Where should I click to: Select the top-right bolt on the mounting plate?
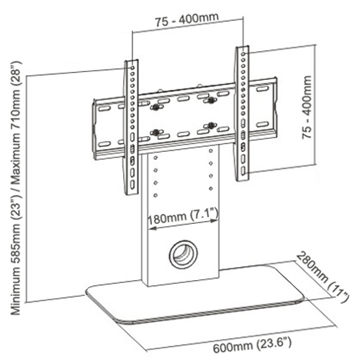211,102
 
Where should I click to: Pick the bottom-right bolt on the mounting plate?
211,127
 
